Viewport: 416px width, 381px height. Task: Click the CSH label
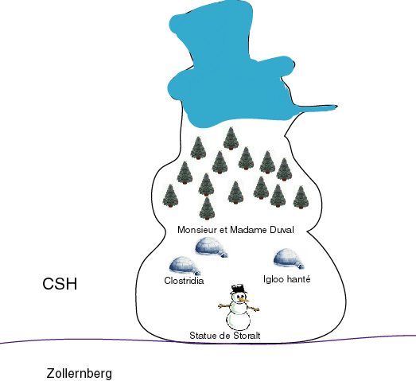click(60, 283)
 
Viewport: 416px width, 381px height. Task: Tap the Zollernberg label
click(80, 374)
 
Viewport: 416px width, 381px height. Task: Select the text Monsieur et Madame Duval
click(235, 230)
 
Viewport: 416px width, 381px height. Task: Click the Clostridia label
click(184, 281)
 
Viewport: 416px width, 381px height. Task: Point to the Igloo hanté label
click(287, 279)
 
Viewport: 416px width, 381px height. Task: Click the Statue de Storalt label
click(225, 336)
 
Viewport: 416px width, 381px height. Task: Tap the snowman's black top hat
click(239, 289)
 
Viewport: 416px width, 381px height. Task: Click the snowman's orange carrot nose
click(244, 300)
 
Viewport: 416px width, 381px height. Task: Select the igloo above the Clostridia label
click(185, 266)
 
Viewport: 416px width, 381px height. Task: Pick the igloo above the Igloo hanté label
click(289, 259)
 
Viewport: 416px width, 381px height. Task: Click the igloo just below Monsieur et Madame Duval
click(212, 247)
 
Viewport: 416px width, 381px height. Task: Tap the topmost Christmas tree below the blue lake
click(231, 138)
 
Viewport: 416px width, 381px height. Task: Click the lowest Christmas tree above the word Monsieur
click(207, 208)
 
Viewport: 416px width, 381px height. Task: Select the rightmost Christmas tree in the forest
click(301, 197)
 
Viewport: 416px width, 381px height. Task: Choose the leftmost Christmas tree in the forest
click(170, 196)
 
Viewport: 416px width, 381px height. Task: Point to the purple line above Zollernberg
click(208, 341)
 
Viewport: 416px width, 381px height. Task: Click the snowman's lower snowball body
click(238, 321)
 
